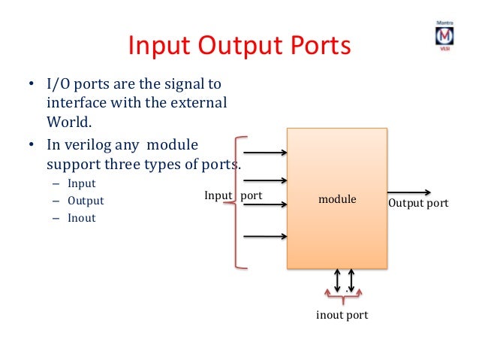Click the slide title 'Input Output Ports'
click(x=239, y=46)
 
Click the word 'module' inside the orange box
click(x=337, y=200)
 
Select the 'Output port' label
click(x=418, y=203)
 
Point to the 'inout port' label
click(x=342, y=315)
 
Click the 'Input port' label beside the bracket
click(x=233, y=195)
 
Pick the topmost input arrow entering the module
click(x=266, y=153)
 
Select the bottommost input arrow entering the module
click(x=266, y=236)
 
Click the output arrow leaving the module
click(x=409, y=192)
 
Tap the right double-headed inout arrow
click(x=354, y=279)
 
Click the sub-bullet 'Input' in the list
click(x=81, y=183)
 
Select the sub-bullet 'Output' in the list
click(x=86, y=201)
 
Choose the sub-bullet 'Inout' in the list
click(x=82, y=219)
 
